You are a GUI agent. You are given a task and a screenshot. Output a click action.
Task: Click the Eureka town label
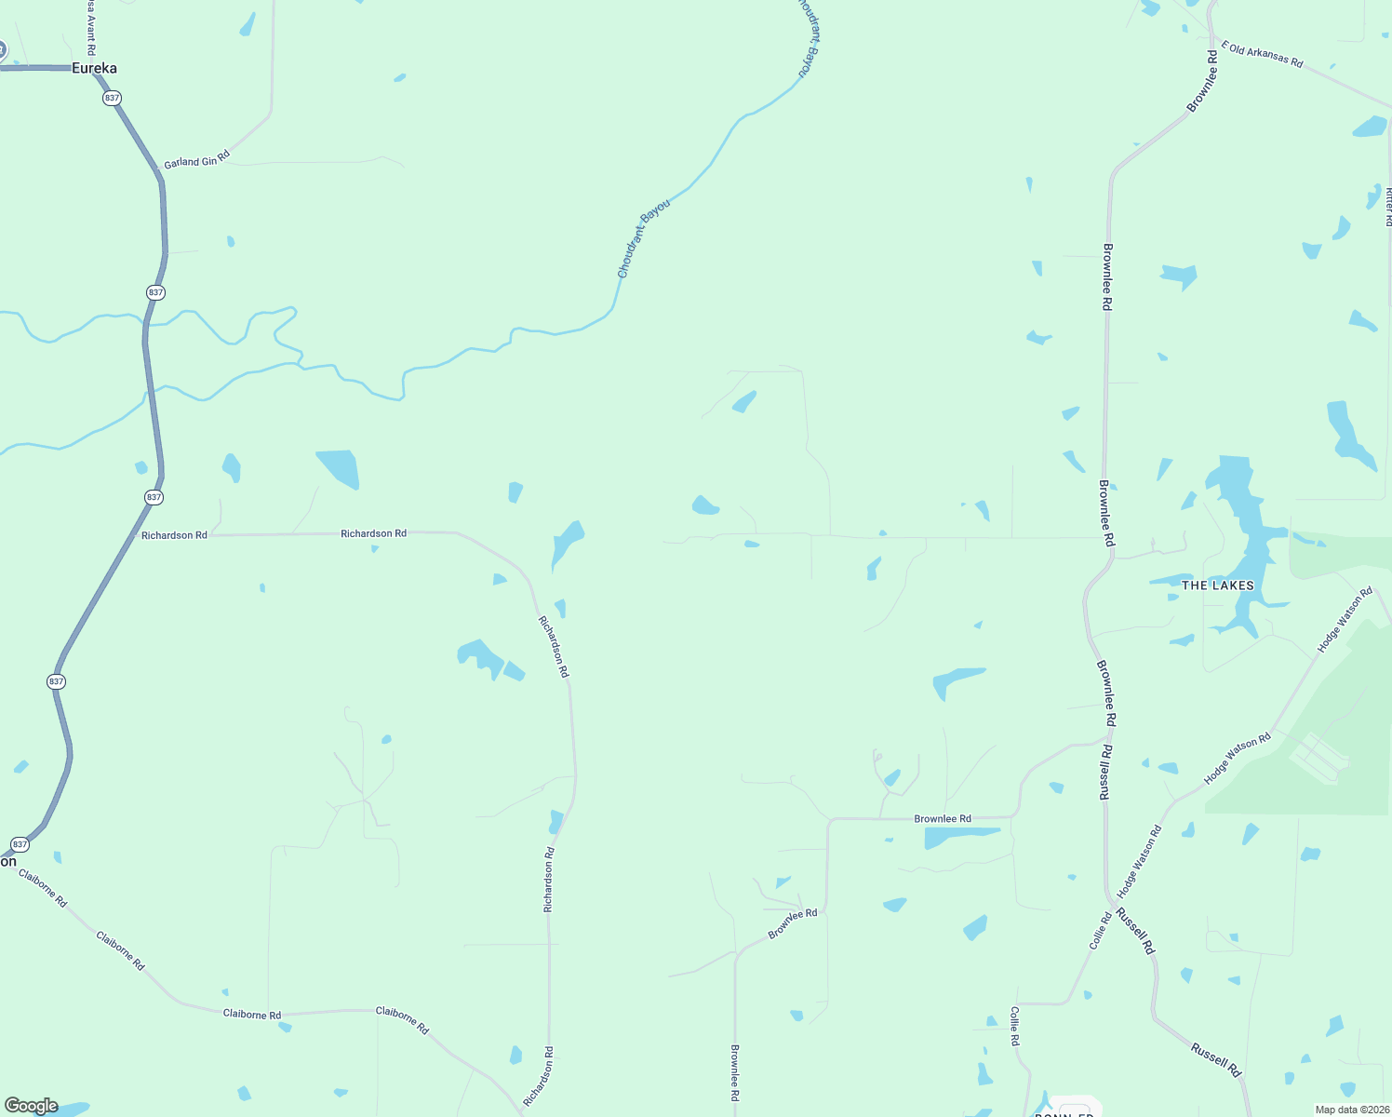[x=94, y=68]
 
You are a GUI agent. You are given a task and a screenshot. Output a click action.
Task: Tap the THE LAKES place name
[x=1217, y=585]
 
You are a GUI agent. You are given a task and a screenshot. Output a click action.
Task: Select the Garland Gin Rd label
[x=196, y=161]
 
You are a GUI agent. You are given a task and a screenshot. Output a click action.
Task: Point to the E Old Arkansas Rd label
[x=1262, y=54]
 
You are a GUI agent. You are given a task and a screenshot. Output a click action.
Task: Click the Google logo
[x=31, y=1106]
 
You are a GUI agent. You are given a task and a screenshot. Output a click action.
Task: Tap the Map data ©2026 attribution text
[x=1351, y=1110]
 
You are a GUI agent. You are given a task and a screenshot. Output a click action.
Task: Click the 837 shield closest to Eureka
[x=113, y=98]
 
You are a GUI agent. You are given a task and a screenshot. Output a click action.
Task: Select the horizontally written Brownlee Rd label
[x=942, y=819]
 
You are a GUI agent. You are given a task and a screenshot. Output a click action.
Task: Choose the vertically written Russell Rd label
[x=1105, y=772]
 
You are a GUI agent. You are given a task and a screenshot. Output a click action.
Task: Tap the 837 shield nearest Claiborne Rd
[x=20, y=844]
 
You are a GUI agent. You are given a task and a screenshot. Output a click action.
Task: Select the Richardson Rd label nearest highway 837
[x=174, y=535]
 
